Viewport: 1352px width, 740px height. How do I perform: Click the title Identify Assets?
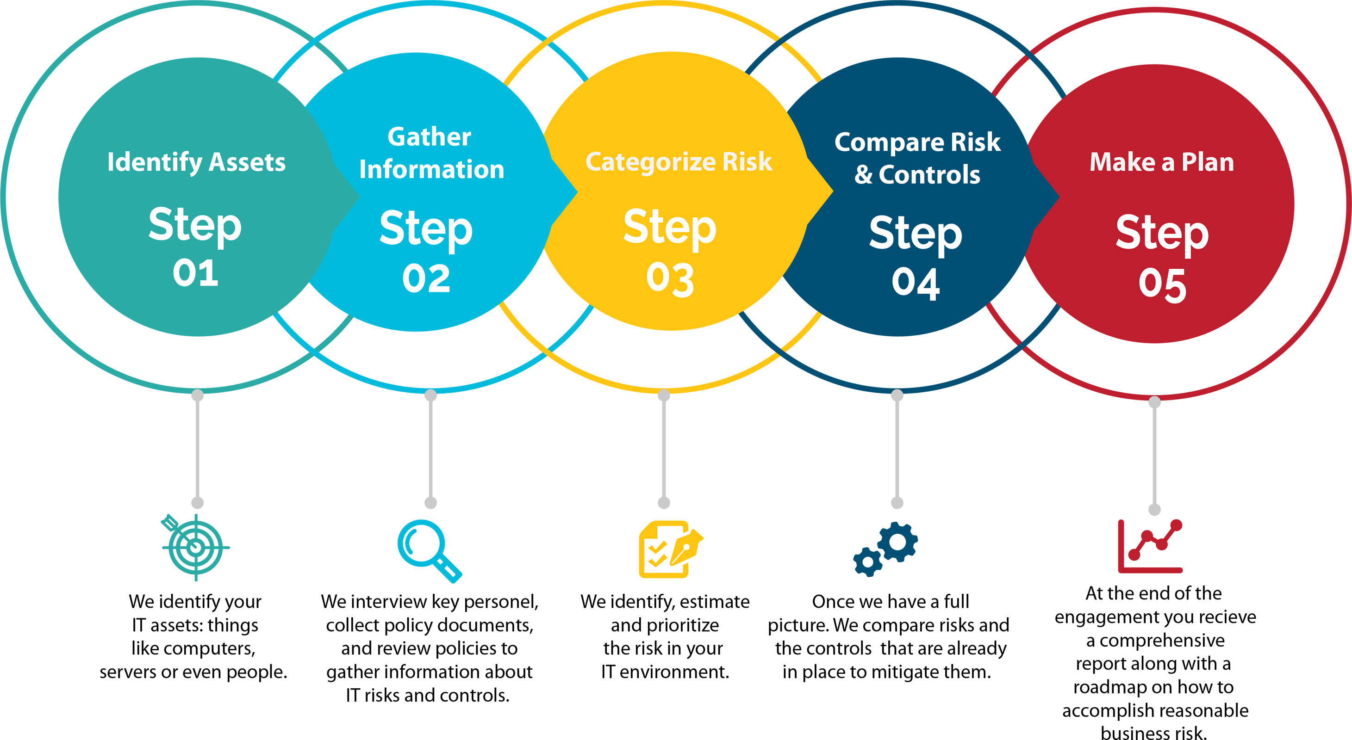(x=196, y=162)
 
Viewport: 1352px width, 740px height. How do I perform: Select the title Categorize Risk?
(x=679, y=161)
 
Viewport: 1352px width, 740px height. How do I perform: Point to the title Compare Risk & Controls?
(x=917, y=158)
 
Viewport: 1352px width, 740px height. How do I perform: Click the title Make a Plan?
(x=1161, y=162)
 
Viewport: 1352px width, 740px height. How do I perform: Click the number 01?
(x=195, y=273)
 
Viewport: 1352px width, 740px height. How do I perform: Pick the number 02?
(x=426, y=278)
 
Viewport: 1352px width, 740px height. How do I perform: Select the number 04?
(x=916, y=283)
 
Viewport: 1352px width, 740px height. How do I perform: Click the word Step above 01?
(x=195, y=226)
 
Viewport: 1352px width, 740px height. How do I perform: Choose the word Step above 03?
(x=670, y=228)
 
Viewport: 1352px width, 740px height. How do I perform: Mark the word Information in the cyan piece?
(x=431, y=169)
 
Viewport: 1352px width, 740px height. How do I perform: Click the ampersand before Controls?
(x=863, y=175)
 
